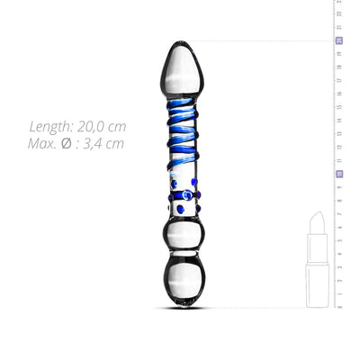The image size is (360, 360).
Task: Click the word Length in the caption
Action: click(x=52, y=127)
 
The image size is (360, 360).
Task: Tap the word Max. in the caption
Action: click(x=46, y=143)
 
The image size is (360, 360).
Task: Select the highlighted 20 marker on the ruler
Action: click(x=338, y=40)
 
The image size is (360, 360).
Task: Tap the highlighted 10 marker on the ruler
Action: click(x=338, y=174)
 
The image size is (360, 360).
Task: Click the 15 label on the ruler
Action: click(x=338, y=107)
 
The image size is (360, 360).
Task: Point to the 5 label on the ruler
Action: click(x=338, y=240)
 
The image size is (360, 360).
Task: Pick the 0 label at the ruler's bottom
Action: click(x=338, y=307)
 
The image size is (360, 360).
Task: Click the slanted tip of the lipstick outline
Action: click(x=317, y=220)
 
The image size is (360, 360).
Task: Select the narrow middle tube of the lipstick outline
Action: click(x=317, y=245)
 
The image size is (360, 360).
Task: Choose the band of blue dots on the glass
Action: click(x=183, y=195)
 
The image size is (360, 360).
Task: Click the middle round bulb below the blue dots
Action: click(x=183, y=236)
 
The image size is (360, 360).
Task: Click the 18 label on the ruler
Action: click(x=338, y=67)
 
